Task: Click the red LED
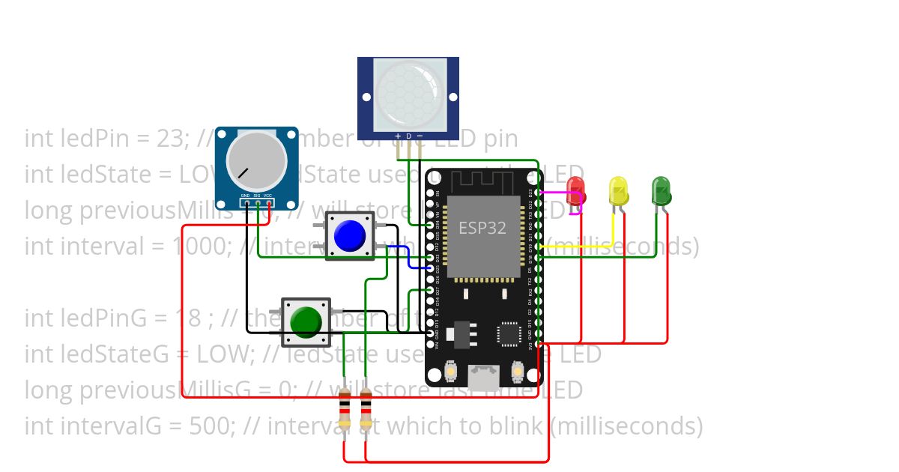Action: click(575, 190)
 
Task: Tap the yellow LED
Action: click(618, 190)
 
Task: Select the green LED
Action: click(661, 190)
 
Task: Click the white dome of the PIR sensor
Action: click(408, 93)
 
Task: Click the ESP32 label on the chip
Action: click(482, 228)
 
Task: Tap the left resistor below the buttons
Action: click(344, 409)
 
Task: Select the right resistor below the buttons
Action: click(366, 409)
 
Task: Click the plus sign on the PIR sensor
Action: click(397, 136)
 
